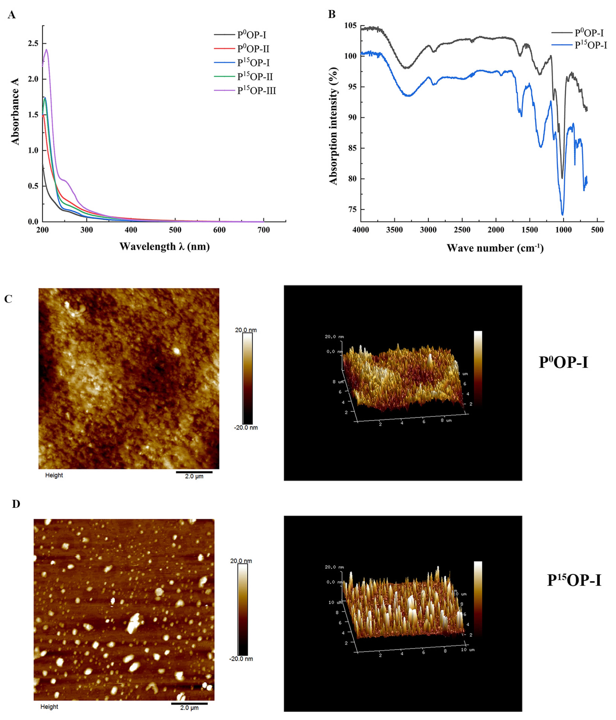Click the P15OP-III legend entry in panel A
256,91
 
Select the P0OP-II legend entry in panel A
253,49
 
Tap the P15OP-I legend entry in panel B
590,45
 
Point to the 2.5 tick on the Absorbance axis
34,43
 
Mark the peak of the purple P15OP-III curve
46,49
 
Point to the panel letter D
16,504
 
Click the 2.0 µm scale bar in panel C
194,472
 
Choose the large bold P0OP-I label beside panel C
563,362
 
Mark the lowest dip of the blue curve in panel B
562,214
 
